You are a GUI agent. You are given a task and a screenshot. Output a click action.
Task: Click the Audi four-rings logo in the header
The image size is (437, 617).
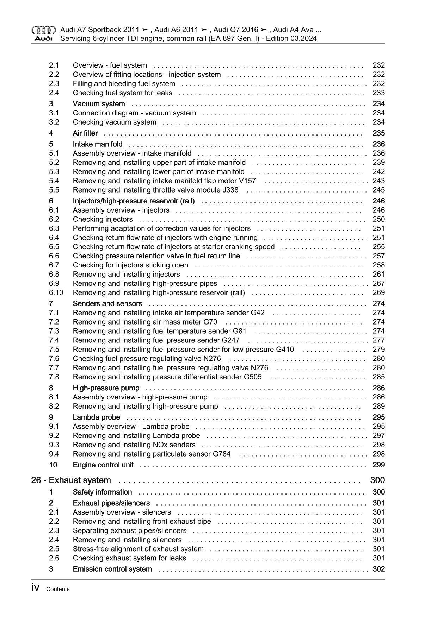43,30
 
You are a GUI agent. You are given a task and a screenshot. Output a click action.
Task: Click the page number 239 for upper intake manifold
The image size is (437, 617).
378,163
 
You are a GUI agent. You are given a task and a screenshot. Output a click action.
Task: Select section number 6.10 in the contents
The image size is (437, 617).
56,293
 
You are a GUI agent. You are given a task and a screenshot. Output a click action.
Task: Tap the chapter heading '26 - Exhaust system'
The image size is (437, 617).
71,480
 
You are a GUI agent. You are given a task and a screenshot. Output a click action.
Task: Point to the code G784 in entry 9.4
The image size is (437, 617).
222,454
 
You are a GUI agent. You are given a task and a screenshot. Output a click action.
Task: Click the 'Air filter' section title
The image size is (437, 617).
85,133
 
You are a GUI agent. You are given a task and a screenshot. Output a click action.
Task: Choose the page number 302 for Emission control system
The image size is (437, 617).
378,569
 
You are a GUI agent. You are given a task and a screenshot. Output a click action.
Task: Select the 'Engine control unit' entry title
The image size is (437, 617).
103,465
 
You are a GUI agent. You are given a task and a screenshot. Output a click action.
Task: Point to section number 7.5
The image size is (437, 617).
54,350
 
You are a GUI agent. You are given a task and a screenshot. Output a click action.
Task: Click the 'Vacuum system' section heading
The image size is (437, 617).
99,104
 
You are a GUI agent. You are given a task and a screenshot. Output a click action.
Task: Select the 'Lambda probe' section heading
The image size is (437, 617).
96,417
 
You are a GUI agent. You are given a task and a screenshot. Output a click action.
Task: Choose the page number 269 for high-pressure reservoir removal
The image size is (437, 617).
378,293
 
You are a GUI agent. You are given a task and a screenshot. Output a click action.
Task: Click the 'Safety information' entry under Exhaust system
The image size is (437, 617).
102,492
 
